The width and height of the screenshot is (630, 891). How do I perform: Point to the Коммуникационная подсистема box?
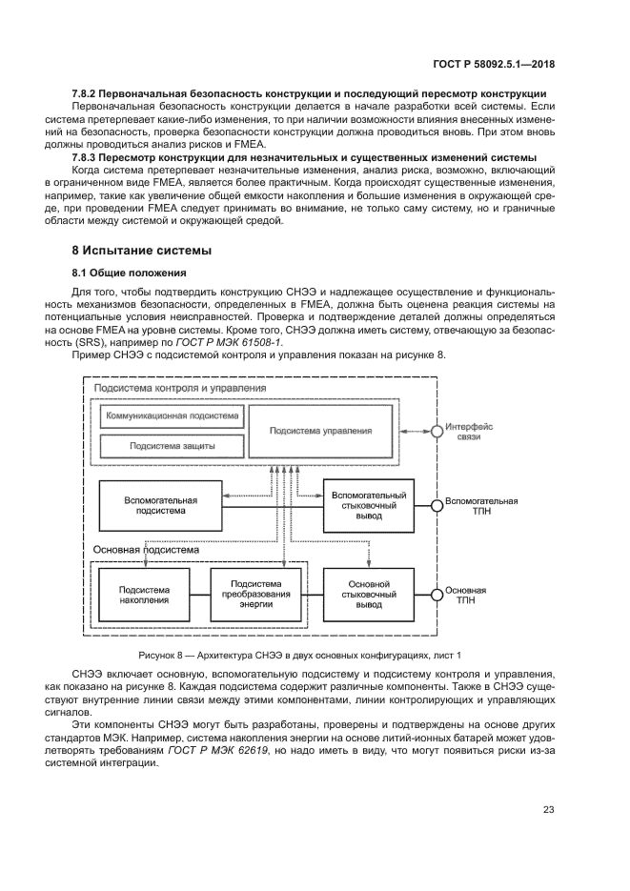(172, 416)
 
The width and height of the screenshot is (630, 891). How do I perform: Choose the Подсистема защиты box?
(172, 445)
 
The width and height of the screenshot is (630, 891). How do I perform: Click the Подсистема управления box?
(320, 431)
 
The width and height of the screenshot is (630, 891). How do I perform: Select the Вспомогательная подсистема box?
(160, 505)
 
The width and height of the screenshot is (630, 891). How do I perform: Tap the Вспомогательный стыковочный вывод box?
(368, 505)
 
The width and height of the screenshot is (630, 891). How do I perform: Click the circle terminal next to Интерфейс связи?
(437, 432)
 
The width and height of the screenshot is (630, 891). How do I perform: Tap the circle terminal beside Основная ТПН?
(437, 596)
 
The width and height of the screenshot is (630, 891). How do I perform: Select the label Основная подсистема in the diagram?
(146, 550)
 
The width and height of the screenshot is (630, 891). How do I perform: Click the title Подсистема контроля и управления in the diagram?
(167, 389)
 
